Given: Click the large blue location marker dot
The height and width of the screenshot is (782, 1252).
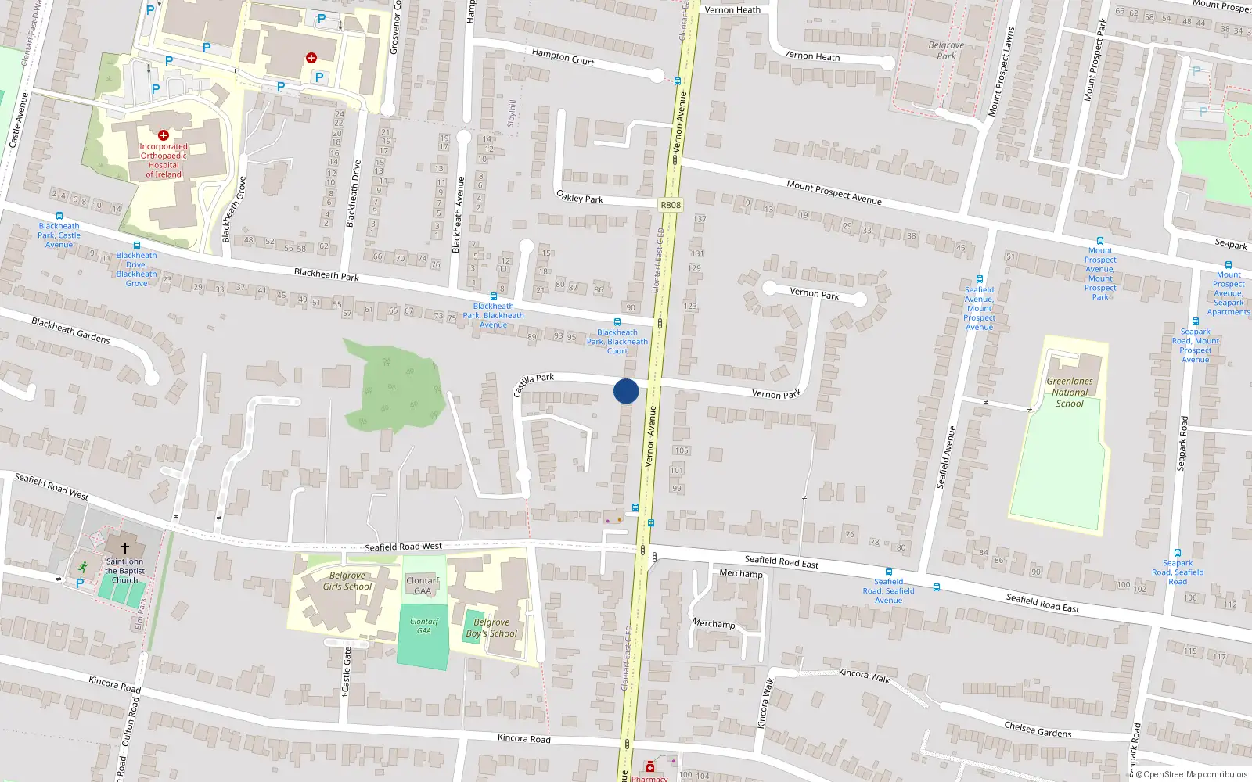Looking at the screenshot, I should coord(626,391).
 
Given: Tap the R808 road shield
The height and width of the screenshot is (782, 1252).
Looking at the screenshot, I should coord(671,205).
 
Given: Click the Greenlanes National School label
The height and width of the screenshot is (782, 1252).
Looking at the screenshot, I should coord(1070,393).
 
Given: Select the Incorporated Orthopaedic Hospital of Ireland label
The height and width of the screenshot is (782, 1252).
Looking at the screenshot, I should coord(164,160).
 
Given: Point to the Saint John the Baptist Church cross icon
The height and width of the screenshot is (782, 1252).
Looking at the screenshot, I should coord(124,548).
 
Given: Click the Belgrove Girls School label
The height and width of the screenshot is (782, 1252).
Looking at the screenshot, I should coord(347,581).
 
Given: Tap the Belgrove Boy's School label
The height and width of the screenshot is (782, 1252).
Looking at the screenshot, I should coord(491,628).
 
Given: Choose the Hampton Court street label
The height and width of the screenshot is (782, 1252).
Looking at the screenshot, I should coord(563,57).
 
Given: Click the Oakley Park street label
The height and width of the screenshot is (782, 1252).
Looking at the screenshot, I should coord(579,196).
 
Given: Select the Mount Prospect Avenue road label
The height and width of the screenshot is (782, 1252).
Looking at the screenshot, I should coord(833,192).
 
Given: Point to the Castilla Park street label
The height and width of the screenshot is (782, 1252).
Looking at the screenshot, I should coord(533,383).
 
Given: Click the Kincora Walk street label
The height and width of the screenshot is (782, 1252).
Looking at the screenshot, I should coord(864,675).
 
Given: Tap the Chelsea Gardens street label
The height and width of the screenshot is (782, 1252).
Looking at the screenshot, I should coord(1038,730).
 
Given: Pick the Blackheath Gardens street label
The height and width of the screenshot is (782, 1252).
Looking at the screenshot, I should coord(70,330).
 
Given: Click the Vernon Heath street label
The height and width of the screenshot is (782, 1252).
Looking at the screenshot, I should coord(811,56).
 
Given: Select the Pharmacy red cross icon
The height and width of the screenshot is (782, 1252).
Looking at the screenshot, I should coord(649,768).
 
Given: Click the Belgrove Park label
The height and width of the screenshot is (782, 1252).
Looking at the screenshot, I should coord(946,51).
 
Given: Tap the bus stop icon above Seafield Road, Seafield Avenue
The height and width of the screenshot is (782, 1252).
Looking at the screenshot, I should coord(889,572).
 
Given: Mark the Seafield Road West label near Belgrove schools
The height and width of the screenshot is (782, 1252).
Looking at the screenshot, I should coord(403,547).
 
